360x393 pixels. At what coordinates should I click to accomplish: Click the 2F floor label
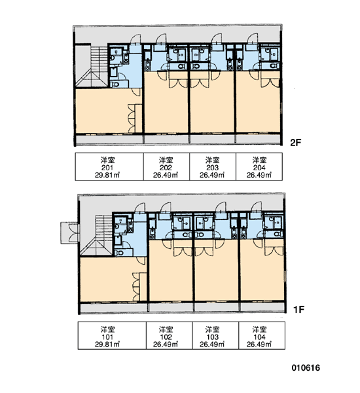(x=295, y=143)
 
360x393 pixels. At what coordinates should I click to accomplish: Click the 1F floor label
(x=298, y=310)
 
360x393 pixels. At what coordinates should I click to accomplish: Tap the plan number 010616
(x=306, y=367)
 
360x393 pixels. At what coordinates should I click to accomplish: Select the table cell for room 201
(x=109, y=166)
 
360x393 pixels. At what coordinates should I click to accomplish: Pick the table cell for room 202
(x=166, y=166)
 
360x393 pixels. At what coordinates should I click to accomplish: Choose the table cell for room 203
(x=213, y=166)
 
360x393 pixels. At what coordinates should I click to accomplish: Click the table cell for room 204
(x=259, y=166)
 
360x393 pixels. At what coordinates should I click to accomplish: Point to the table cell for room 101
(x=112, y=335)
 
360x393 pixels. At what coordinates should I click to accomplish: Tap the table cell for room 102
(x=169, y=335)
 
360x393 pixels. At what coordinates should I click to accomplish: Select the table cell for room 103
(x=215, y=335)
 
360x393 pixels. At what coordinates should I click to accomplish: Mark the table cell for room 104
(x=262, y=335)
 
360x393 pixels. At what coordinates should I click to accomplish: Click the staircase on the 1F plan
(x=97, y=235)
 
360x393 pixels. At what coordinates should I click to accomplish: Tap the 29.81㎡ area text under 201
(x=107, y=175)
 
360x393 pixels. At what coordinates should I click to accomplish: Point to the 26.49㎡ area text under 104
(x=259, y=344)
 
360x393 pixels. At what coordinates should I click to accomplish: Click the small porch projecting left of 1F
(x=70, y=233)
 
